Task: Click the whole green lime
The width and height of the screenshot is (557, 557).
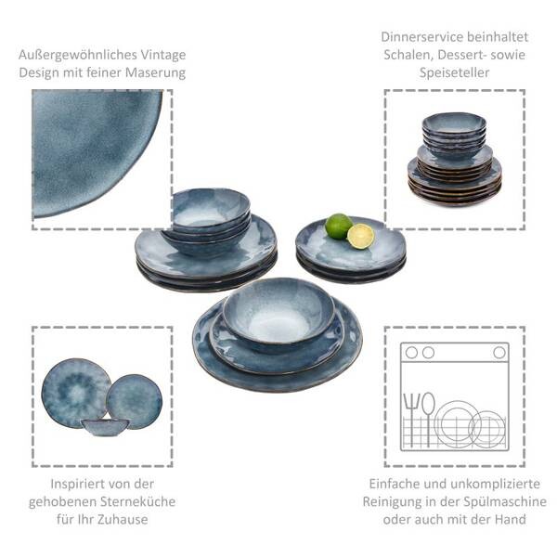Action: [x=339, y=226]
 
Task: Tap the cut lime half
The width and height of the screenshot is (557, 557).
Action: [x=360, y=236]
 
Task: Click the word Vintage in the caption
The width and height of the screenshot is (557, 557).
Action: [x=163, y=55]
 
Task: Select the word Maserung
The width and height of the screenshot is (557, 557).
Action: [x=156, y=72]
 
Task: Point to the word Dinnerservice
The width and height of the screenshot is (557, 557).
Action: [x=422, y=37]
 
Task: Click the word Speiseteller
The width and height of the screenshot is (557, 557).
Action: [x=454, y=72]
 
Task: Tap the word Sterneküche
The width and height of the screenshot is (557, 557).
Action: [x=137, y=501]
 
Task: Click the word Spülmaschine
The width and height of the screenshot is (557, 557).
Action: [x=509, y=501]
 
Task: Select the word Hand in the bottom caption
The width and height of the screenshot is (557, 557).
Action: [x=510, y=519]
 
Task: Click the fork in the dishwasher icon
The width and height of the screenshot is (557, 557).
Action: [x=411, y=420]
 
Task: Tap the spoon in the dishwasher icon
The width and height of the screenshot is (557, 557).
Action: [x=428, y=419]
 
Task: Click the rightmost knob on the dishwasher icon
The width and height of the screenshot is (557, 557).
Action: [x=499, y=353]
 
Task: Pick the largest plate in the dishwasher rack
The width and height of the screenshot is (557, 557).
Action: [x=457, y=424]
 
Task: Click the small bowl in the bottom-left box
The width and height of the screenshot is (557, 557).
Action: [x=105, y=427]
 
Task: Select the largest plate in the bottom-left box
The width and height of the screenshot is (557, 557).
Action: [x=76, y=393]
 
